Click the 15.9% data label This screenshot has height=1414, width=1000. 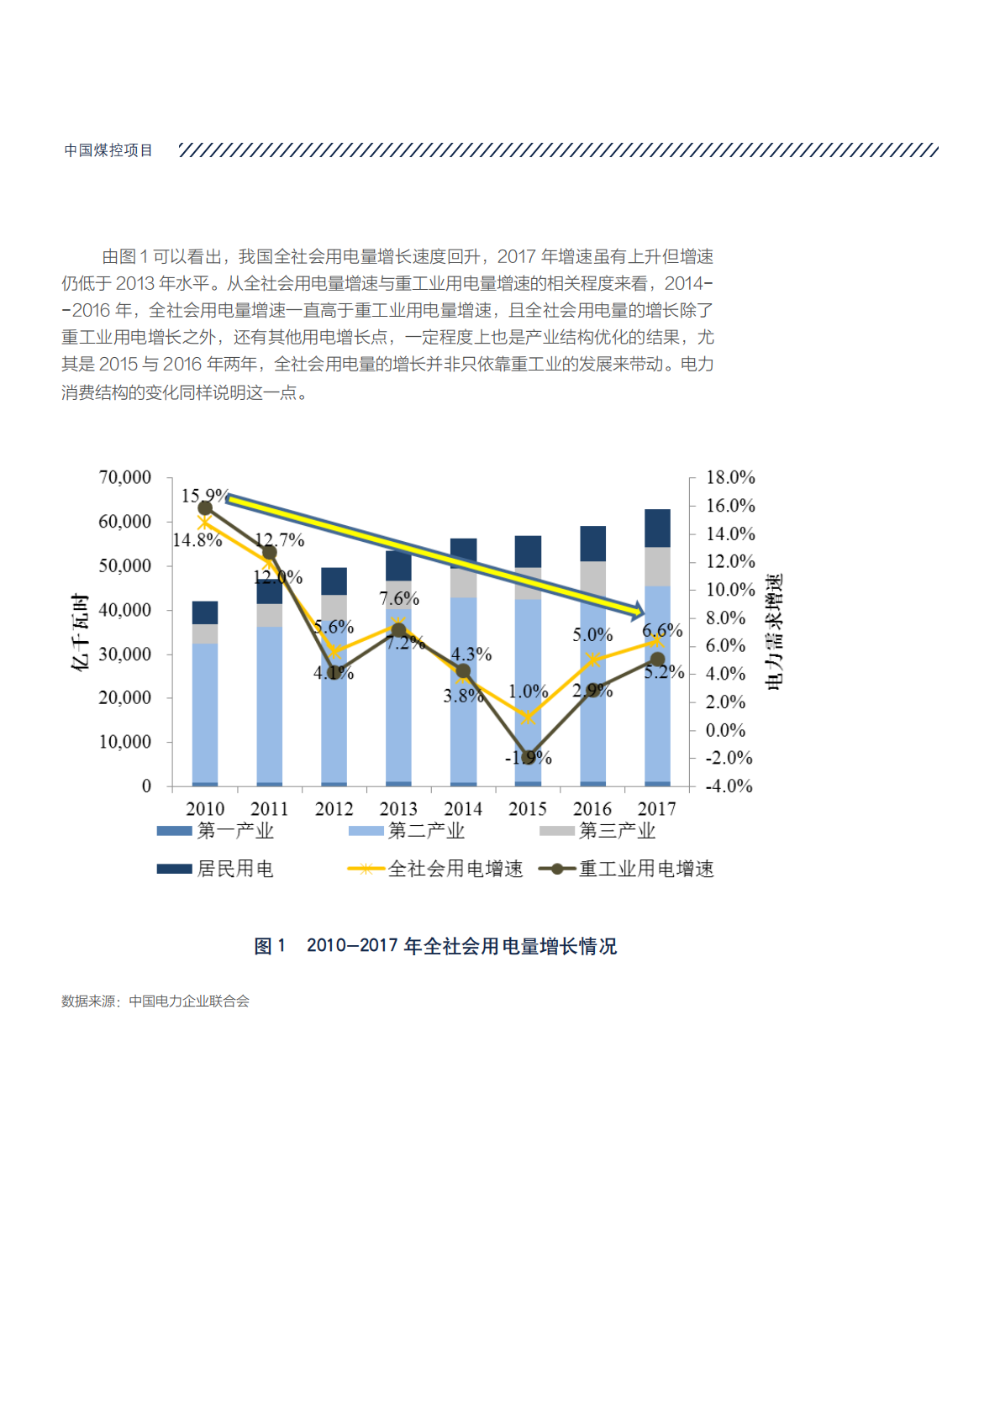(x=204, y=496)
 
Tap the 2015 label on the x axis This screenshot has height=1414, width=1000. (x=527, y=808)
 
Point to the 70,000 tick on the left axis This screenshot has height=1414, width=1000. (x=125, y=477)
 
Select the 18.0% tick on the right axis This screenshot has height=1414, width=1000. (x=729, y=477)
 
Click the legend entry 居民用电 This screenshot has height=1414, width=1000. (x=216, y=869)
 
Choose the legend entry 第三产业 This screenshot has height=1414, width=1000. (x=597, y=831)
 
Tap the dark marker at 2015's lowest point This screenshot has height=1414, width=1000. (x=528, y=757)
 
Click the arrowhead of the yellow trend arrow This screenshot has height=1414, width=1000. (x=638, y=610)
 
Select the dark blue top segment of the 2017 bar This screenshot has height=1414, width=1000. (x=657, y=528)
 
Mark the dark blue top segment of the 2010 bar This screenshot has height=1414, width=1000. (x=205, y=612)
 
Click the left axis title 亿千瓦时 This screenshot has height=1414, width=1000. (x=80, y=632)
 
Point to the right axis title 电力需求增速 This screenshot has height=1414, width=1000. (x=774, y=632)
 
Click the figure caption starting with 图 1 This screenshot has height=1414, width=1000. (x=435, y=946)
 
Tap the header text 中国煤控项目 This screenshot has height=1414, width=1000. (x=108, y=150)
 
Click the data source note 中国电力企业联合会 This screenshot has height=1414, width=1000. (x=189, y=1001)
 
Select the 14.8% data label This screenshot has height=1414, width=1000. (x=197, y=540)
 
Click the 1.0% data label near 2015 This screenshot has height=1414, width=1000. (x=528, y=691)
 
